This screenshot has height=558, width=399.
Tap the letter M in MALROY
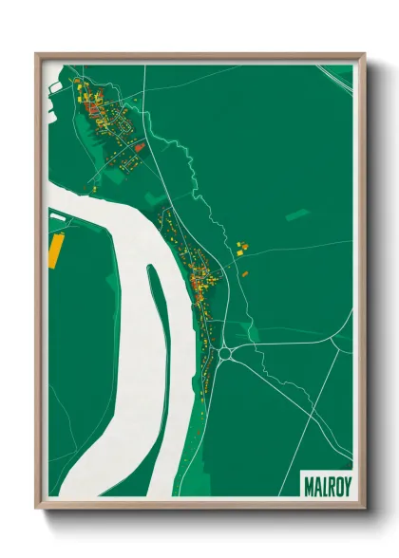coord(308,482)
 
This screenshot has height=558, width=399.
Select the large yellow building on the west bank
coord(54,249)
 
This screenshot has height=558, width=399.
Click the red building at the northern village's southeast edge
coord(139,147)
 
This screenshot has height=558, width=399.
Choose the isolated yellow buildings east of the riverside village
coord(240,248)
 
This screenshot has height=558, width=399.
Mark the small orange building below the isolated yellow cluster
coord(245,273)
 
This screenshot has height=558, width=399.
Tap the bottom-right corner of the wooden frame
coord(364,507)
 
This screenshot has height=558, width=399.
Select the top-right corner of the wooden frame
coord(364,54)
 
